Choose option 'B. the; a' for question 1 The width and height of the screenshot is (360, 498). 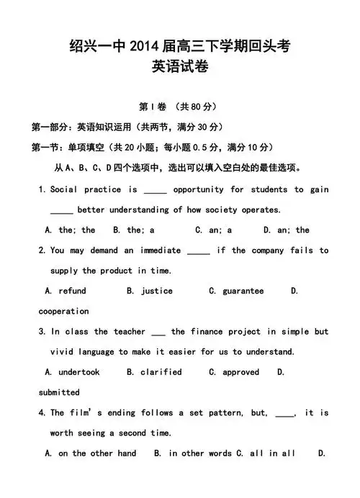tap(134, 230)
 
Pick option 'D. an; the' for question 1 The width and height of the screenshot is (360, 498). tap(286, 230)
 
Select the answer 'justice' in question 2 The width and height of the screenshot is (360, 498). tap(157, 291)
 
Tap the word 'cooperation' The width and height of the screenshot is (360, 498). tap(63, 311)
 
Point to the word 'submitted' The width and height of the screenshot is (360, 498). tap(59, 392)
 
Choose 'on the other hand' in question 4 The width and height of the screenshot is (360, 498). tap(97, 453)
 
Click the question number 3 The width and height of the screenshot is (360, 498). tap(42, 332)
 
